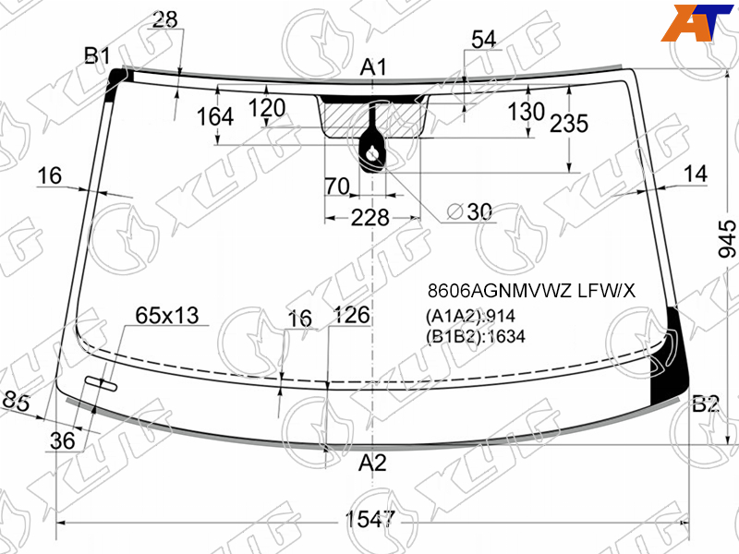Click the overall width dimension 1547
370,520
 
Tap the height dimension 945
727,239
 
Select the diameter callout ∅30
469,211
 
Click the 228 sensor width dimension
370,218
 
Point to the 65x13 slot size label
167,315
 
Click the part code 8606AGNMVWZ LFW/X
532,291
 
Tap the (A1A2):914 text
470,316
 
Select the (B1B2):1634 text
475,336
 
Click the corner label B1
97,55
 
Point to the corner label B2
706,404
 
